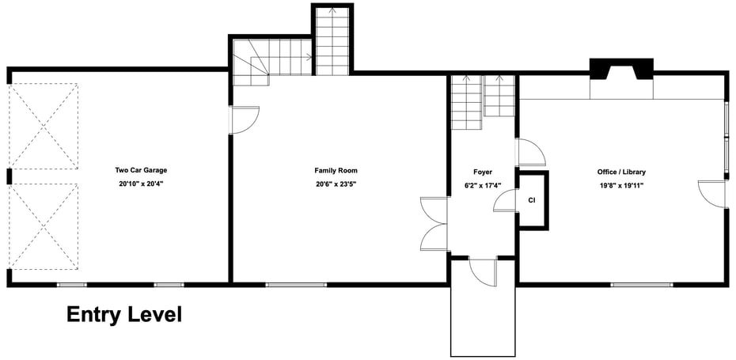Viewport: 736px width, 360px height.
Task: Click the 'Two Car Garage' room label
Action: [x=140, y=170]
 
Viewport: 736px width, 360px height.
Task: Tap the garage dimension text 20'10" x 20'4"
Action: [x=140, y=183]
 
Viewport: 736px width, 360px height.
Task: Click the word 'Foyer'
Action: [x=483, y=171]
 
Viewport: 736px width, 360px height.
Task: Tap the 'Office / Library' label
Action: [x=621, y=171]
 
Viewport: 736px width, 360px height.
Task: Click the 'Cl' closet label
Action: [x=532, y=200]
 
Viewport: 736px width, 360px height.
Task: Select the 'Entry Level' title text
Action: [x=123, y=315]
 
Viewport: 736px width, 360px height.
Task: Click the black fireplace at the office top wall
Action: [x=621, y=69]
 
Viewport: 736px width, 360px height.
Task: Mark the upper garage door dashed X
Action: [x=45, y=127]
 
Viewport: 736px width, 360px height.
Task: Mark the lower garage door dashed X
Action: [x=45, y=225]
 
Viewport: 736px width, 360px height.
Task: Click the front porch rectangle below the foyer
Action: [x=483, y=320]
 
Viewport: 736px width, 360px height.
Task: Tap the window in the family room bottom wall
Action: [x=296, y=284]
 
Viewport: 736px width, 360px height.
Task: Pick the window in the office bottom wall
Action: [x=641, y=284]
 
